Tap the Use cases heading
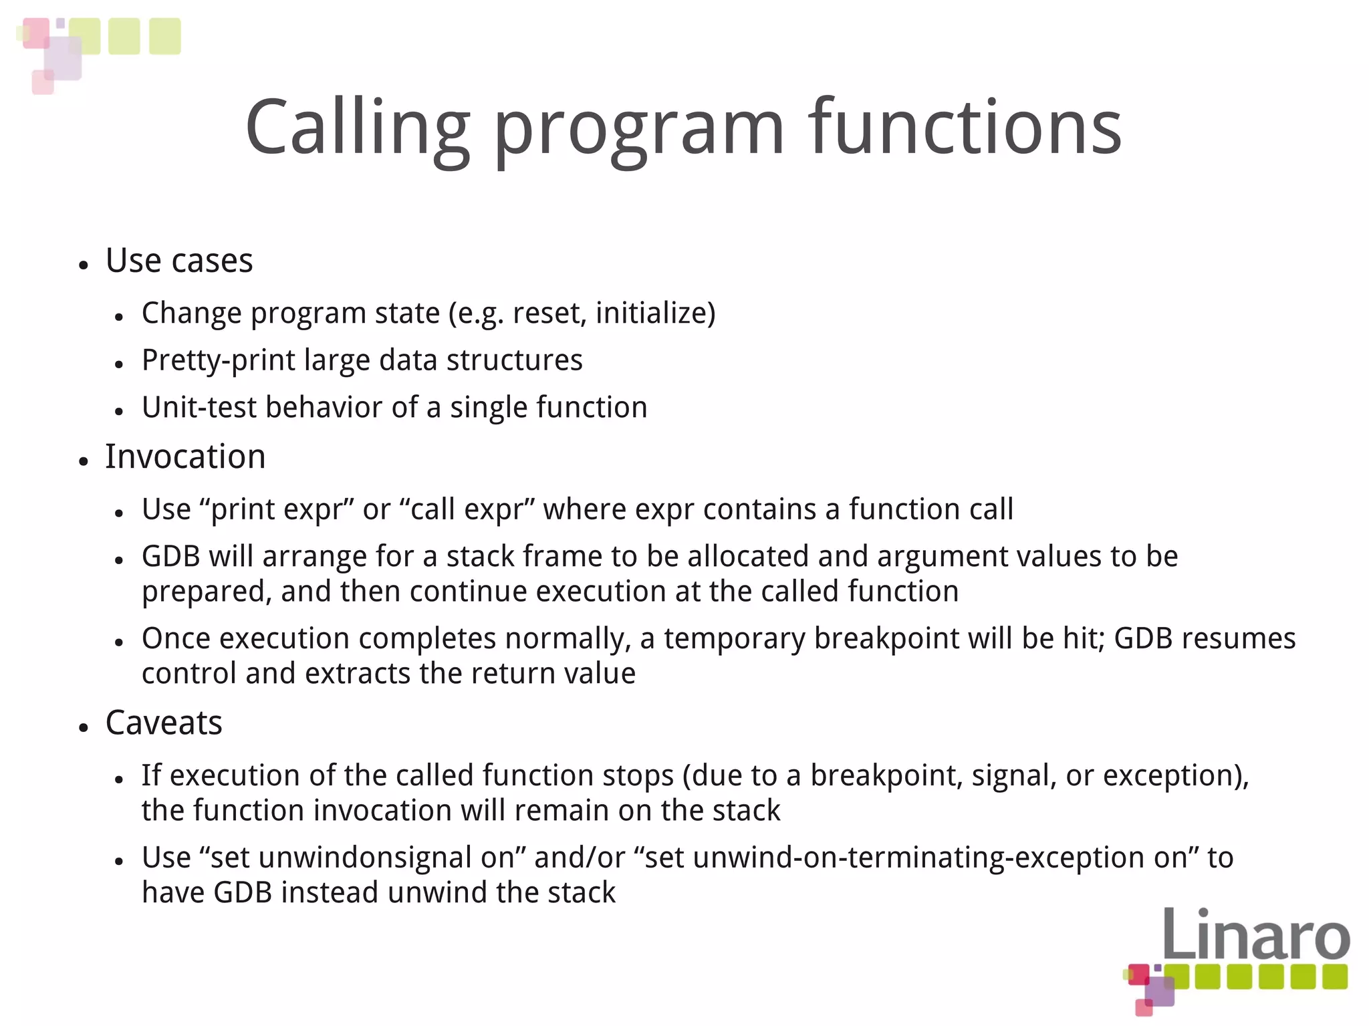click(x=179, y=261)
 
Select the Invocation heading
click(x=185, y=457)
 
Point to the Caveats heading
click(x=164, y=723)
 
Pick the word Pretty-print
click(x=219, y=361)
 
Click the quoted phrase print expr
click(x=281, y=510)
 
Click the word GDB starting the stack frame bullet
click(x=170, y=557)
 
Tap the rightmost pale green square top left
click(x=164, y=36)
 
